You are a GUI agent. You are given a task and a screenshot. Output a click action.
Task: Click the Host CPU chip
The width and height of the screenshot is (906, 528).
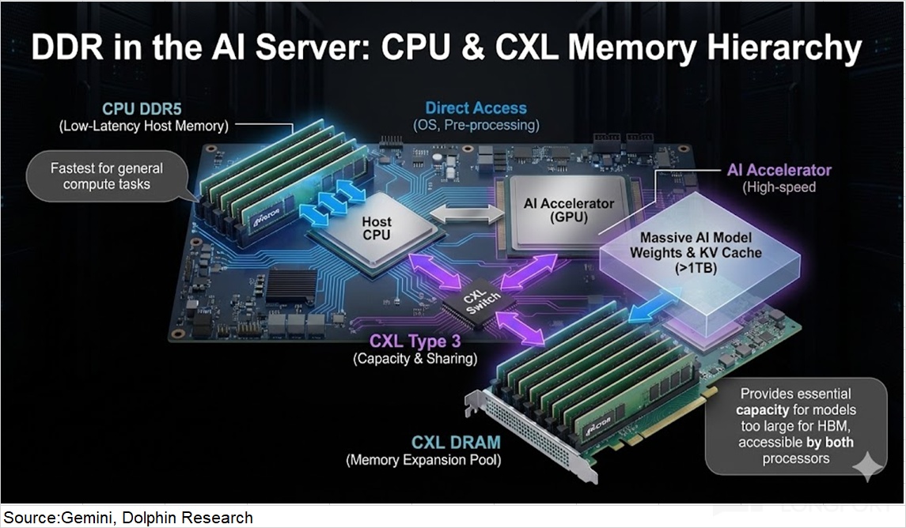click(377, 229)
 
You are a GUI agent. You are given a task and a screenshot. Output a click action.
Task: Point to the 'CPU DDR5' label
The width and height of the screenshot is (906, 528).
click(146, 109)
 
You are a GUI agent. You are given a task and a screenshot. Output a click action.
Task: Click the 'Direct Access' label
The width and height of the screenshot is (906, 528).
click(476, 108)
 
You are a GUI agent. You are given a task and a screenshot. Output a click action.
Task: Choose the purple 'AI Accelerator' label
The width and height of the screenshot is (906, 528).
click(779, 170)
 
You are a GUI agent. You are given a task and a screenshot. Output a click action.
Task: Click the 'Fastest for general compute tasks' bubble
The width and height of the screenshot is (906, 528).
click(106, 175)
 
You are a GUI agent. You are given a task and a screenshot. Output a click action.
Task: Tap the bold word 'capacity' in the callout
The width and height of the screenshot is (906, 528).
click(763, 410)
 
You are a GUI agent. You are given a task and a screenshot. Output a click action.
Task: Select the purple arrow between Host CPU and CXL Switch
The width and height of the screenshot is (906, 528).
click(435, 273)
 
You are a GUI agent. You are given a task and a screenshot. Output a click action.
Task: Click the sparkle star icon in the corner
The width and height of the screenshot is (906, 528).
click(866, 466)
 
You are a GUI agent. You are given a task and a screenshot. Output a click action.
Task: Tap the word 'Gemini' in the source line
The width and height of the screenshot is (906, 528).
click(84, 519)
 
